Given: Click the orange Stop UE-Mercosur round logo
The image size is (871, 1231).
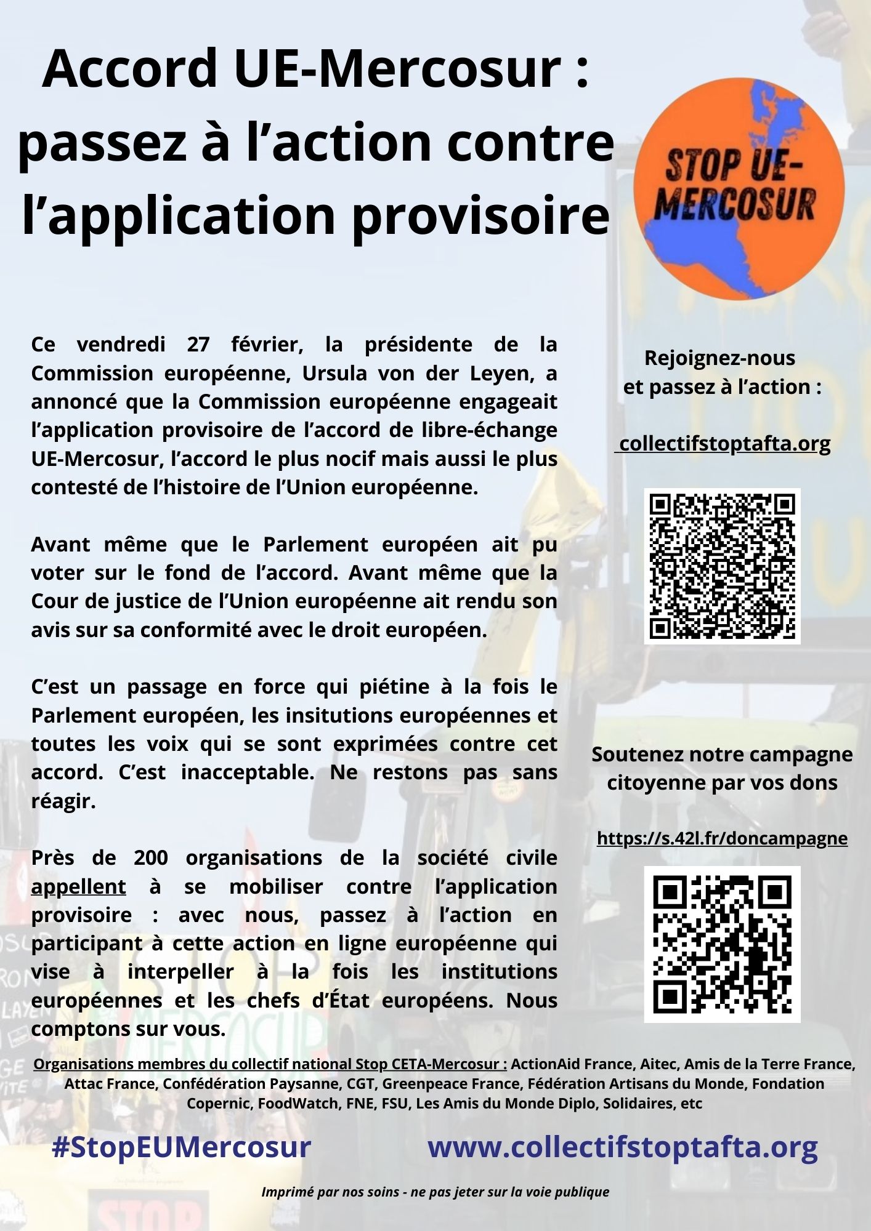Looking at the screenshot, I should [x=739, y=189].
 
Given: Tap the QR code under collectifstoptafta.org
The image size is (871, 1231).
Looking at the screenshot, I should [x=722, y=566].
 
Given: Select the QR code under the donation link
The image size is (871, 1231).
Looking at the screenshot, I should [x=722, y=944].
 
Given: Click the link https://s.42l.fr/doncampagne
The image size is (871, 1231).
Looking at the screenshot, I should [x=722, y=838].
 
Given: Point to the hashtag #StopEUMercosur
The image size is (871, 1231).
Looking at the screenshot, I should [x=181, y=1147].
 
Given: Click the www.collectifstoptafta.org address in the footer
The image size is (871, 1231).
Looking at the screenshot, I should [x=622, y=1147].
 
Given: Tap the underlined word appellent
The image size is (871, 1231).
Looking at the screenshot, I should [x=78, y=886].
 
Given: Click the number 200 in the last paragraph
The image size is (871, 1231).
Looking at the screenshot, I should [x=150, y=857].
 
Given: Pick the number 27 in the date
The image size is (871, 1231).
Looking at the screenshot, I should [x=198, y=344].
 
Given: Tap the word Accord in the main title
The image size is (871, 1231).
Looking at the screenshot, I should [x=129, y=68].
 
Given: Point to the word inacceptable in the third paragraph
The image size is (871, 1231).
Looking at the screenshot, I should [x=248, y=772].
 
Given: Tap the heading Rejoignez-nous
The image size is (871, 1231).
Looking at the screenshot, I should [x=719, y=358].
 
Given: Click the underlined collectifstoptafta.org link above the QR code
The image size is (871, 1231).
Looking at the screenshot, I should [x=724, y=443].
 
